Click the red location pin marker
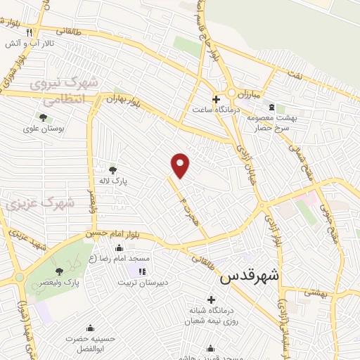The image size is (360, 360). (181, 165)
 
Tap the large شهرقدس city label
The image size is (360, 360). (249, 276)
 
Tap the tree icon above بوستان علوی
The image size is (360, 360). (43, 117)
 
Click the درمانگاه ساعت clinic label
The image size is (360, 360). (218, 110)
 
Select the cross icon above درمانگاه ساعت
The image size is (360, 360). (215, 99)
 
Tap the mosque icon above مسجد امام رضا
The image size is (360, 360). (118, 247)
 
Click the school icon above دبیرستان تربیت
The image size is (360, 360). (141, 271)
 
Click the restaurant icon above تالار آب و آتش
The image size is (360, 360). (29, 32)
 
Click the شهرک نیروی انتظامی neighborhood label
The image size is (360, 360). (67, 89)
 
